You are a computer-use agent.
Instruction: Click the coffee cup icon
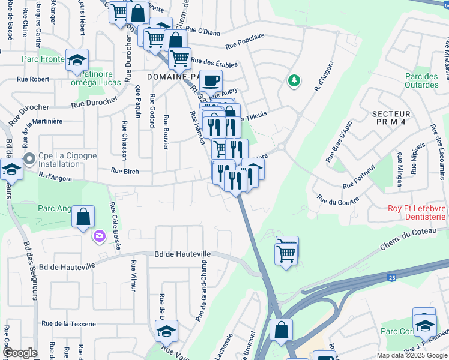[x=211, y=80]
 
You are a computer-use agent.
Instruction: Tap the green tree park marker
[x=294, y=80]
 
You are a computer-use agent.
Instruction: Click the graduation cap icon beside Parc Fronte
[x=77, y=59]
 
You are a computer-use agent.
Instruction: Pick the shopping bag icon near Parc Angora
[x=83, y=216]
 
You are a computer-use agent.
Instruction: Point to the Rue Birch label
[x=125, y=171]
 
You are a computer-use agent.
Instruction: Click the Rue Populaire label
[x=245, y=41]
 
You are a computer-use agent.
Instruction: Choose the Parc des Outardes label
[x=421, y=80]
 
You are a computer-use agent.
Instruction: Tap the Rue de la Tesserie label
[x=68, y=324]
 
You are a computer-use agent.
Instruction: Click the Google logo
[x=20, y=353]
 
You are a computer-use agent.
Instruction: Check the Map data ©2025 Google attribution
[x=411, y=355]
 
